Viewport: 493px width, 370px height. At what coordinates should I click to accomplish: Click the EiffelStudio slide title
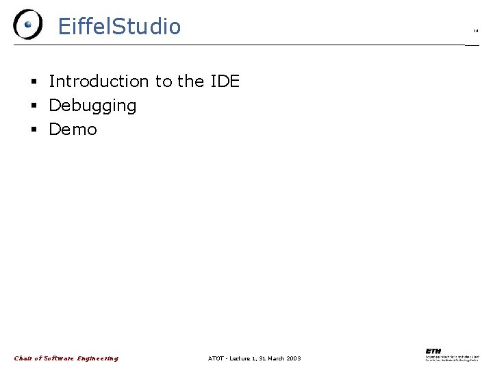[x=119, y=27]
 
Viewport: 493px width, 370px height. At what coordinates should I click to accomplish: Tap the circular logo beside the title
[x=27, y=25]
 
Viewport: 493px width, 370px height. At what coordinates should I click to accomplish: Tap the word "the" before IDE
[x=190, y=82]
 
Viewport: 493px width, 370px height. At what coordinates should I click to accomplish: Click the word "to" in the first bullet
[x=164, y=82]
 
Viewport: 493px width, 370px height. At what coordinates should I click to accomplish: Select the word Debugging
[x=92, y=106]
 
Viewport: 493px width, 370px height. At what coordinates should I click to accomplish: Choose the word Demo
[x=73, y=129]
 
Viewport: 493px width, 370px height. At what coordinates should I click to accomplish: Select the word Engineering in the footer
[x=97, y=358]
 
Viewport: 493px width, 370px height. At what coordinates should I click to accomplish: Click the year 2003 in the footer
[x=292, y=358]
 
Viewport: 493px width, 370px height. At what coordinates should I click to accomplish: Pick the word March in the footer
[x=272, y=358]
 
